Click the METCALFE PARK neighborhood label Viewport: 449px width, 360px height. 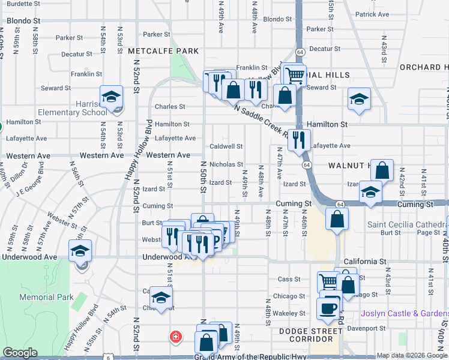click(x=163, y=52)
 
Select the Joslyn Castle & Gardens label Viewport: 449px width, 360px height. click(x=405, y=313)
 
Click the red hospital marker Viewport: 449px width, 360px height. click(x=175, y=336)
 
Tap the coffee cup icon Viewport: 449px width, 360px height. click(x=327, y=308)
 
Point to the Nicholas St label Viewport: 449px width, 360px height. click(x=226, y=164)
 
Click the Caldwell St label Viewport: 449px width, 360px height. click(x=226, y=146)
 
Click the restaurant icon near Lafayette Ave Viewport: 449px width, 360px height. click(x=299, y=140)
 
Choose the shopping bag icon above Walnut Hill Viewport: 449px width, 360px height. click(x=382, y=170)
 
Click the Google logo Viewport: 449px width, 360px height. click(x=20, y=353)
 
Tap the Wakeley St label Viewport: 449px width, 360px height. click(x=289, y=313)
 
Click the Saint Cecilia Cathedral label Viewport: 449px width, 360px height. click(x=408, y=225)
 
